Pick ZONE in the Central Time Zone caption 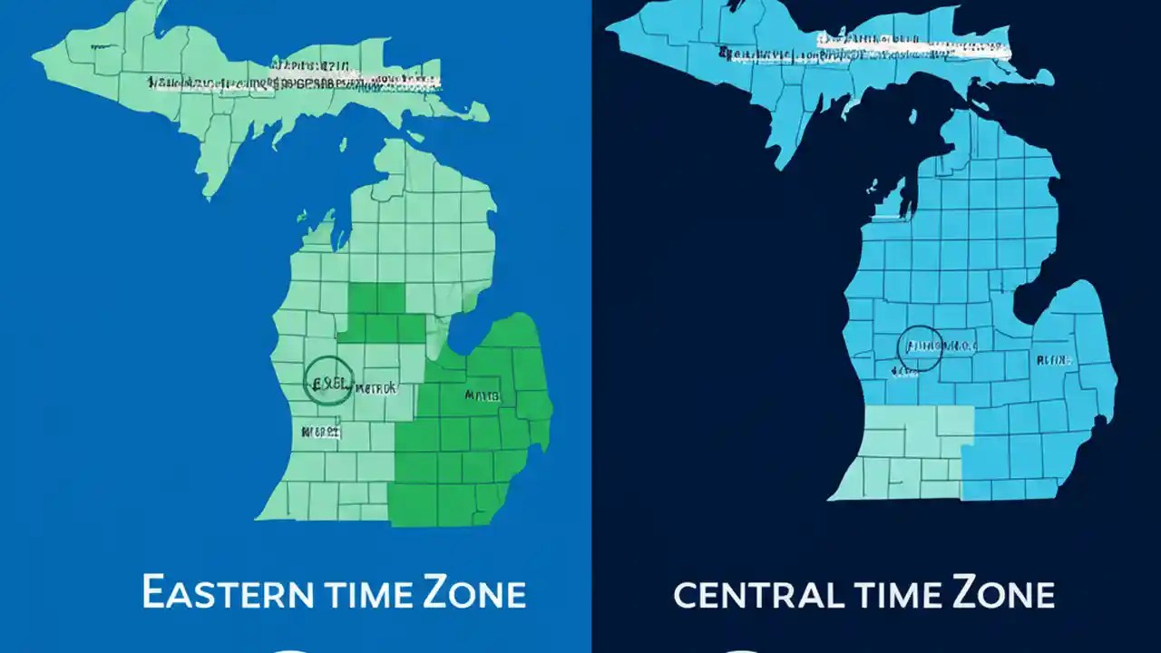click(1003, 594)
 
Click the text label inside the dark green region click(482, 395)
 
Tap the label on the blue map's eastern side click(1054, 360)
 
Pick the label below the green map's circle click(322, 432)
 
